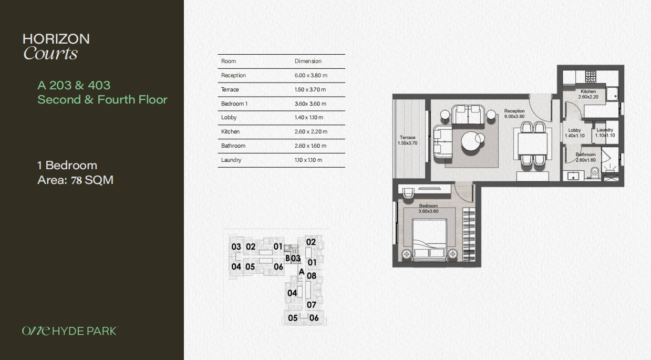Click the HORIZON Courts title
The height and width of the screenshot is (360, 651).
point(56,47)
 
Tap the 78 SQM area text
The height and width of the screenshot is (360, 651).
point(92,180)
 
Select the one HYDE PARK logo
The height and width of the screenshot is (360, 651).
point(70,331)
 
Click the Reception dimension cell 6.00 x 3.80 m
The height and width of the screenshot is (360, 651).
point(311,75)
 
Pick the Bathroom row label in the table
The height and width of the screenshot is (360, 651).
point(233,146)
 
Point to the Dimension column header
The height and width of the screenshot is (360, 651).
point(308,61)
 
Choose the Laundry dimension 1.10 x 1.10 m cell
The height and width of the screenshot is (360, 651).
point(308,160)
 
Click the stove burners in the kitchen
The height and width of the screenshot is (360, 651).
point(591,77)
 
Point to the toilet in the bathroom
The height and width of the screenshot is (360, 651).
point(595,172)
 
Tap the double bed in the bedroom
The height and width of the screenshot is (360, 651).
point(430,241)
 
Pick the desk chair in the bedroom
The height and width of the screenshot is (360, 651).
point(408,193)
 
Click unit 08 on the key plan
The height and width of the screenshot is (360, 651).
point(312,276)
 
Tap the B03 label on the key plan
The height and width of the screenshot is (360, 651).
point(293,258)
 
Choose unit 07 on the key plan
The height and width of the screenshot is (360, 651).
point(311,305)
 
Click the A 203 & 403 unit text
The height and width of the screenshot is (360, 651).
point(74,85)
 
